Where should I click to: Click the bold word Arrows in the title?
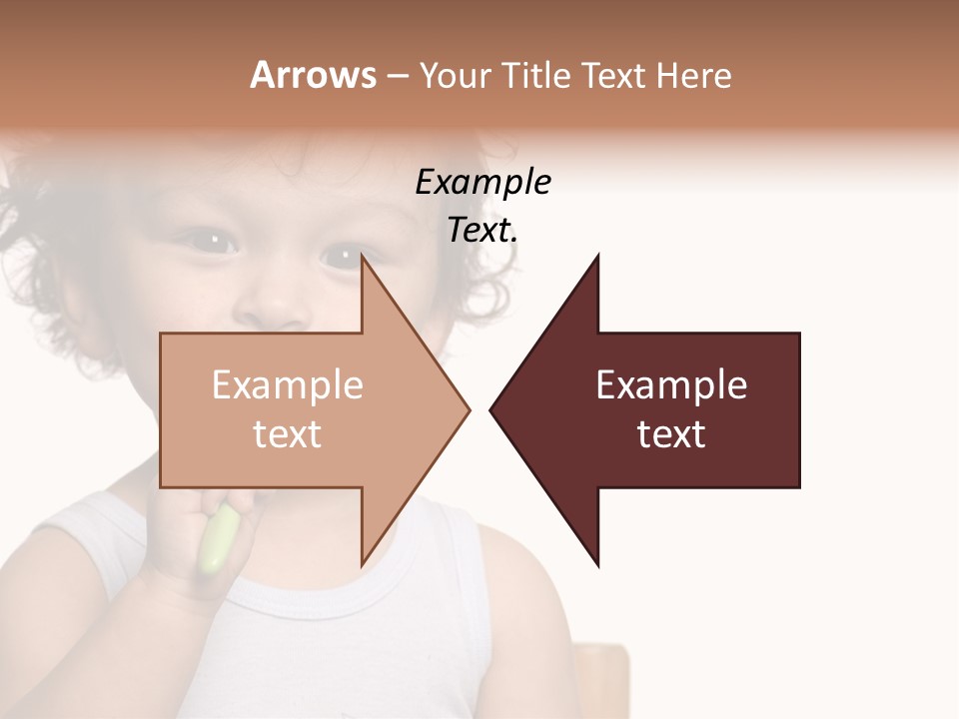pyautogui.click(x=313, y=75)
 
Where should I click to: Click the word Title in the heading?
pyautogui.click(x=538, y=75)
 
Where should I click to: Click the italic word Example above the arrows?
pyautogui.click(x=482, y=182)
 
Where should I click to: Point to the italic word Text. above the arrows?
pyautogui.click(x=482, y=230)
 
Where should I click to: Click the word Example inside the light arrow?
pyautogui.click(x=288, y=385)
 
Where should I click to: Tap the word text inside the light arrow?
pyautogui.click(x=288, y=434)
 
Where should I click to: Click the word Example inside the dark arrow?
pyautogui.click(x=671, y=385)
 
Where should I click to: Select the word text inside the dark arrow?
pyautogui.click(x=671, y=434)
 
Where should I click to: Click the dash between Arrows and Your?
pyautogui.click(x=397, y=76)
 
